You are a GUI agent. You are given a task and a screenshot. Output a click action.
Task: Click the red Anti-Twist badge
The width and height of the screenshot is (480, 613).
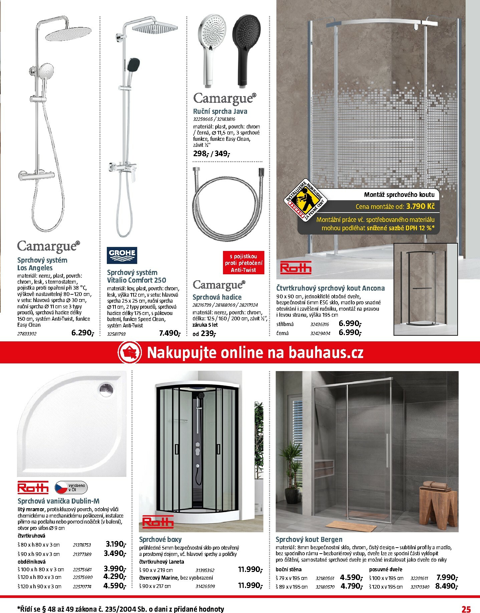(243, 263)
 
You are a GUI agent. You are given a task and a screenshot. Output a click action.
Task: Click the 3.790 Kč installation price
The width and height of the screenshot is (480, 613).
(420, 206)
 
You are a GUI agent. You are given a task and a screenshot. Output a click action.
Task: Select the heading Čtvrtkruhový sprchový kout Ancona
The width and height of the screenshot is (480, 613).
(330, 288)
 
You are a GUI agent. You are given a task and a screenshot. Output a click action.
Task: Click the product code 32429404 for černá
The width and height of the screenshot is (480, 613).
(319, 333)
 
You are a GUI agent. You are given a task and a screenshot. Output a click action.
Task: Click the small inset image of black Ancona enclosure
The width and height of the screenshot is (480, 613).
(425, 289)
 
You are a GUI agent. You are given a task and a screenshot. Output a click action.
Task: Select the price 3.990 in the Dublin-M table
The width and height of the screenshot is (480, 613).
(115, 569)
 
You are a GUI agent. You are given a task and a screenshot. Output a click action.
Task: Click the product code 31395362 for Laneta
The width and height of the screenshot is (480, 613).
(205, 570)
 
